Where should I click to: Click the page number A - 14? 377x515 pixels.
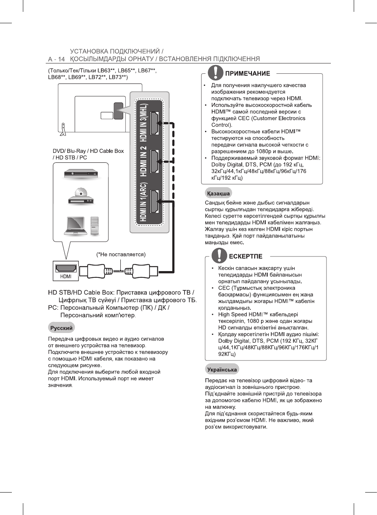click(56, 59)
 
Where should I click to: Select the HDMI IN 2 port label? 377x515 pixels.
click(143, 161)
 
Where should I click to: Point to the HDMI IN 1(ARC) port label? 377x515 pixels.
click(143, 202)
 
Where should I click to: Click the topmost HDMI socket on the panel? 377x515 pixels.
click(155, 123)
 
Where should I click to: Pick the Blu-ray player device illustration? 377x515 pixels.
click(81, 174)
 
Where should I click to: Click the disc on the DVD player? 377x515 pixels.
click(81, 193)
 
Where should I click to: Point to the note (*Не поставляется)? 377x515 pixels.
click(121, 255)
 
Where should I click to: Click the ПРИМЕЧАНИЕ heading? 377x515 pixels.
click(247, 73)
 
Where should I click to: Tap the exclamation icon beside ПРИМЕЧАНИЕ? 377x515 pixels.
click(215, 73)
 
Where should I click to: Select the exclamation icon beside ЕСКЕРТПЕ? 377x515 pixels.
click(219, 255)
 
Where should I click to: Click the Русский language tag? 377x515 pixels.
click(61, 328)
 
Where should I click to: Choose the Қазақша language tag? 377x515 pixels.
click(218, 193)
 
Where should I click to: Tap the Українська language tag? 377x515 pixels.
click(222, 370)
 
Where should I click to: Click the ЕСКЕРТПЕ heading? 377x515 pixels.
click(245, 256)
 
